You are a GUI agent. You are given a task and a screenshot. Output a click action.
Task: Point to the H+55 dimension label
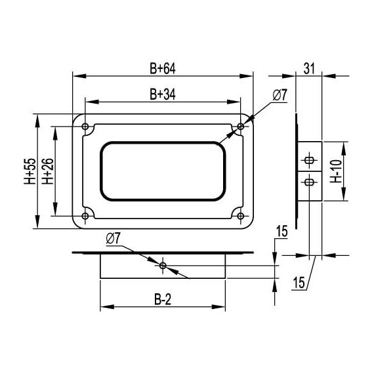click(x=30, y=172)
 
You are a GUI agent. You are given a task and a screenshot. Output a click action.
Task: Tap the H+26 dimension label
click(x=47, y=172)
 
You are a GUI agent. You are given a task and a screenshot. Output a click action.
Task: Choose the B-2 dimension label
click(x=163, y=300)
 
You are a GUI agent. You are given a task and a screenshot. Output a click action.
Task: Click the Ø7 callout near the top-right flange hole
click(x=279, y=96)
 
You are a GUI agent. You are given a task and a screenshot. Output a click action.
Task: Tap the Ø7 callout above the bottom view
click(x=112, y=238)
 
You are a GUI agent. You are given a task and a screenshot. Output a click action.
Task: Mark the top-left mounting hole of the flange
click(x=85, y=125)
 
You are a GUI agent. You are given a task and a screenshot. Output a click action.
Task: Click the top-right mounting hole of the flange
click(x=241, y=125)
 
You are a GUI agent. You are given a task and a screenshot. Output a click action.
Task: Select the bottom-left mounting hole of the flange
click(x=85, y=216)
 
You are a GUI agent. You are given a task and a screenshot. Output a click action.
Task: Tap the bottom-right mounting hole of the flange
click(x=241, y=216)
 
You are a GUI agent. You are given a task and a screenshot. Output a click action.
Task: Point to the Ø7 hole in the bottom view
click(x=163, y=265)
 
